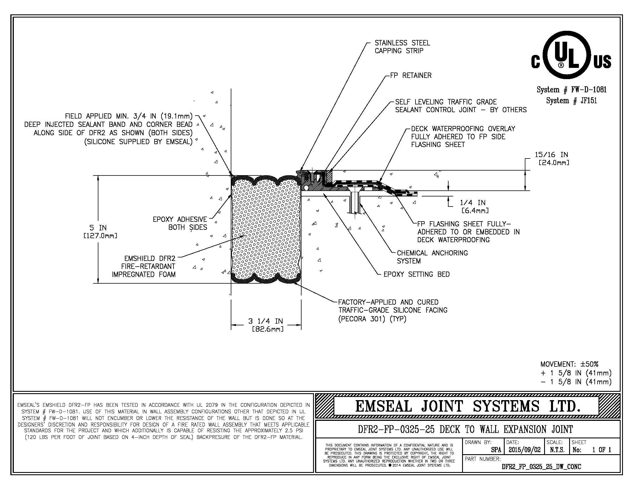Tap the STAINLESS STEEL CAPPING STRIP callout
(x=402, y=47)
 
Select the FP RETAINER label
(x=411, y=76)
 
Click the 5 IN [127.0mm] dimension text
(x=100, y=232)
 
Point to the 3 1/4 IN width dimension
(x=266, y=325)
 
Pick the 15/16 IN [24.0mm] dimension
(x=551, y=158)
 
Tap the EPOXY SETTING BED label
(x=416, y=274)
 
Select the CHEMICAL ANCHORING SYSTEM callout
(x=432, y=257)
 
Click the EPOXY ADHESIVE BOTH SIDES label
(x=180, y=223)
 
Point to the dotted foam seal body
(x=266, y=229)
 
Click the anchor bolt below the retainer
(x=354, y=203)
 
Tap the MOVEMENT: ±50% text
(x=569, y=364)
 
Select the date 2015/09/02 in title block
(x=524, y=450)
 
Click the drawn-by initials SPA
(x=496, y=450)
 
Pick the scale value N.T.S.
(x=557, y=450)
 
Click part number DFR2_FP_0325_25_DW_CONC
(x=541, y=467)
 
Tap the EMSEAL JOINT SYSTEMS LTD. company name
(x=468, y=406)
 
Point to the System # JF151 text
(x=571, y=101)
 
